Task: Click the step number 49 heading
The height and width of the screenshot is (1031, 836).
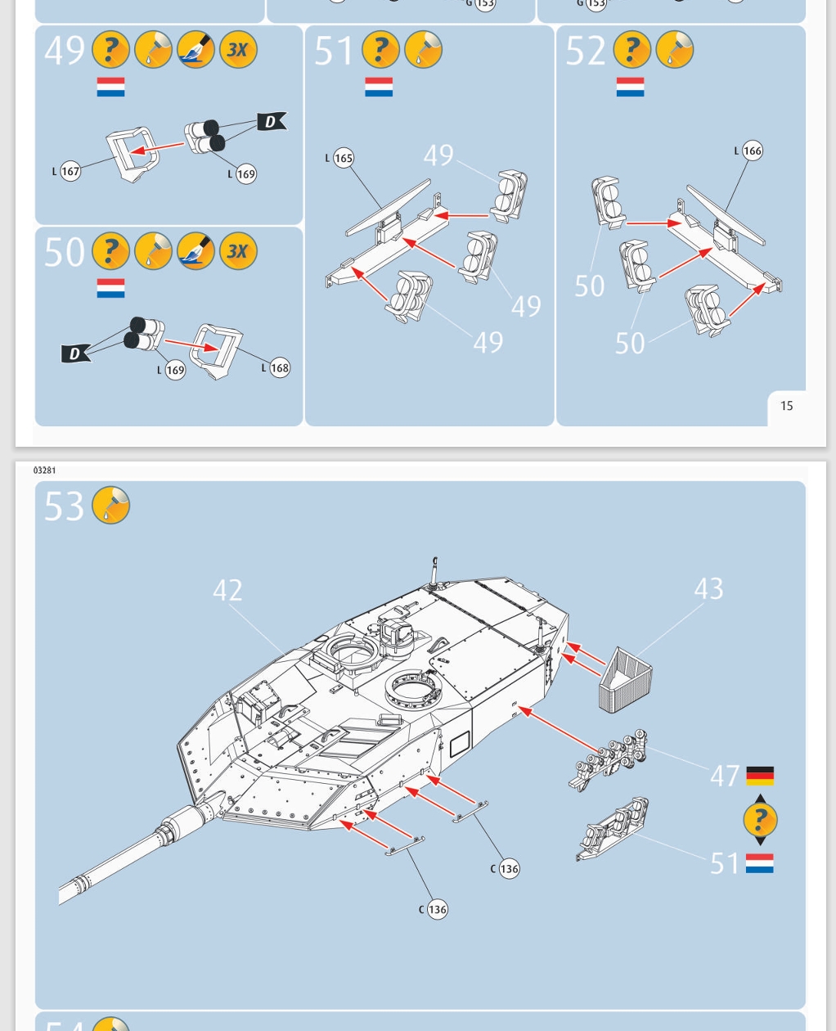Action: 65,50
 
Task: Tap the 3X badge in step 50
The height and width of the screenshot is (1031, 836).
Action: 238,251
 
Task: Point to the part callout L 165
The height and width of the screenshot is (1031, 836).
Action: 343,158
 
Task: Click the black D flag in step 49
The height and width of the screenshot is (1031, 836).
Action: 271,122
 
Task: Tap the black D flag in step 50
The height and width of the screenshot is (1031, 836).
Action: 75,353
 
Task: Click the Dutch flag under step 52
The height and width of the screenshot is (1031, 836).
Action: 630,87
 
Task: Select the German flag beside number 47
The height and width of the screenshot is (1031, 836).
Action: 760,775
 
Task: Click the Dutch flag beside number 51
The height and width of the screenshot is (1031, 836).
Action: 760,863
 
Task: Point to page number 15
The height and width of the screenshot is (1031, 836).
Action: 786,406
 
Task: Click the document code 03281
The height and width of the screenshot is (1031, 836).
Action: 45,470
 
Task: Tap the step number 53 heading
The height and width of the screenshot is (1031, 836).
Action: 64,506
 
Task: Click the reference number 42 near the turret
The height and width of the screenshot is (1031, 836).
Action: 227,590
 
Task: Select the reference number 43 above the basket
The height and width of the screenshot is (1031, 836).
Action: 708,588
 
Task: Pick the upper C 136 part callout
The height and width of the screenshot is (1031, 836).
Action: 508,869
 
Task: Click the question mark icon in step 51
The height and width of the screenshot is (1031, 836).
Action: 380,50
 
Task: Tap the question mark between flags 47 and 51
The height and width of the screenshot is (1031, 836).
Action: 760,819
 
